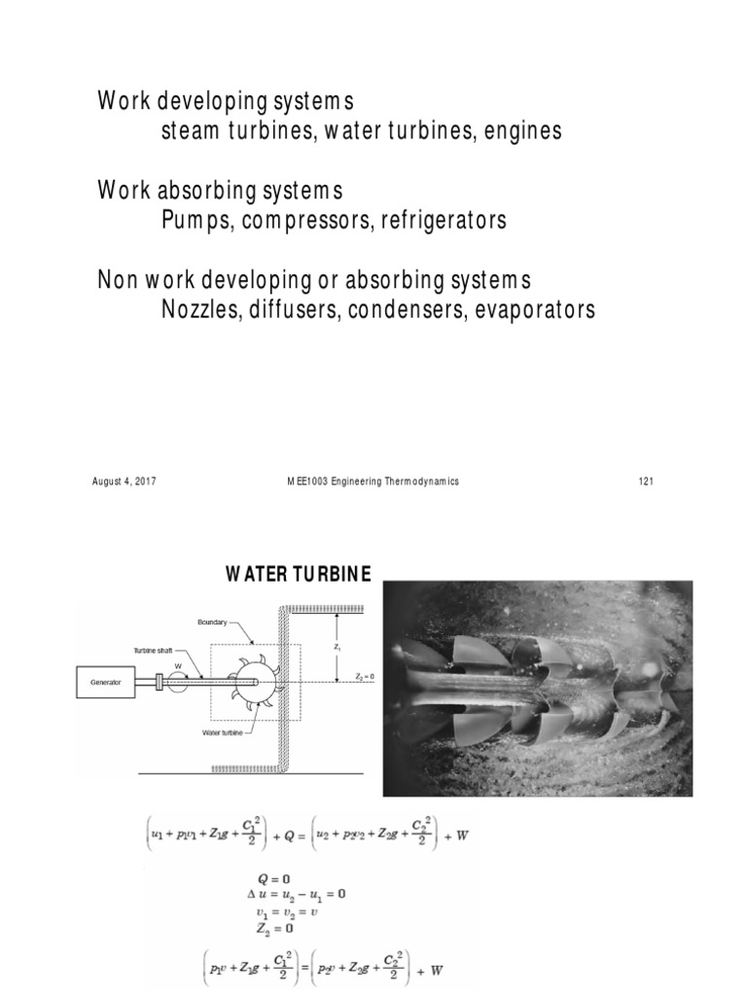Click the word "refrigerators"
pos(443,221)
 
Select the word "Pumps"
pos(195,221)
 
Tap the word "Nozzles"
pos(200,310)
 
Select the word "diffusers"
pos(296,310)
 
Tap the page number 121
pos(642,481)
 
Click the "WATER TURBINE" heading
pos(299,574)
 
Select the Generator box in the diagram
pos(107,683)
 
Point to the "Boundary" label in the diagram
pos(213,621)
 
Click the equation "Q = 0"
pos(272,879)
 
